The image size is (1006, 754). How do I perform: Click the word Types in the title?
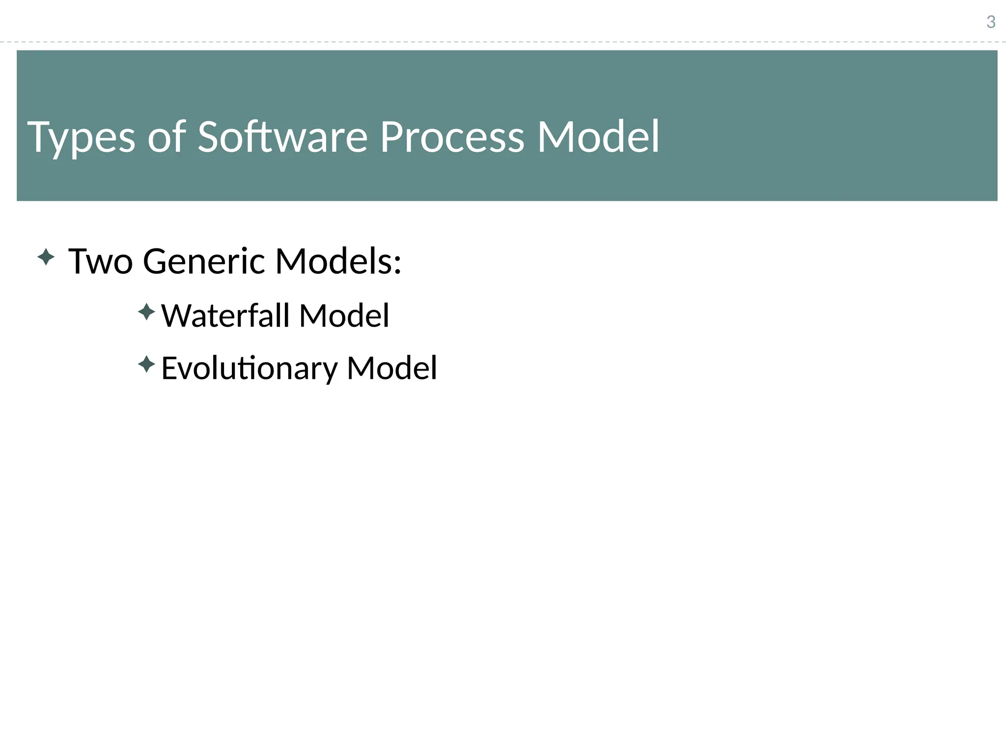tap(81, 138)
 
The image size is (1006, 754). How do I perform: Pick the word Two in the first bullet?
tap(101, 261)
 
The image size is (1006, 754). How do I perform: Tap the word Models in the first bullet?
tap(334, 261)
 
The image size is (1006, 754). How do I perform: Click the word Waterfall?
tap(225, 315)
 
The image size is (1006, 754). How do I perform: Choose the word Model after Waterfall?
tap(344, 315)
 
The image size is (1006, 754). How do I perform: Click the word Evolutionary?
tap(250, 368)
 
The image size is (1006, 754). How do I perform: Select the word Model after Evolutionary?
tap(391, 368)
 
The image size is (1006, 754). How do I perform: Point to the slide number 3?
tap(991, 22)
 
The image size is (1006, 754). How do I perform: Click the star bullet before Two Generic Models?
tap(46, 257)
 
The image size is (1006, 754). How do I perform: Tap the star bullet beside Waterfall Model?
tap(146, 312)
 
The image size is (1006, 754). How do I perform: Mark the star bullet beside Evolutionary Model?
tap(146, 364)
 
